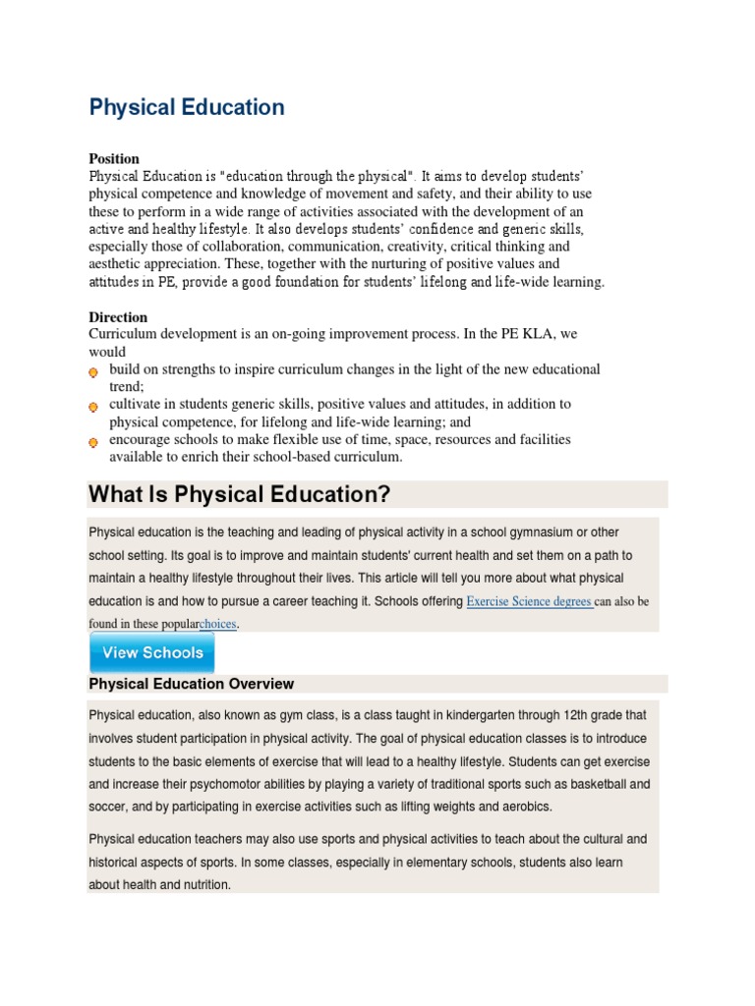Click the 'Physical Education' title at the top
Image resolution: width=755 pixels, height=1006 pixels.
click(x=187, y=107)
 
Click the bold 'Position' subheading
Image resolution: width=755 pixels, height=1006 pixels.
click(x=114, y=158)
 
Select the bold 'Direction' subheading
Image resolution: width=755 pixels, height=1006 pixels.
click(x=118, y=317)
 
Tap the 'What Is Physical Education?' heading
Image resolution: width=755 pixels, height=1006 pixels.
click(x=239, y=494)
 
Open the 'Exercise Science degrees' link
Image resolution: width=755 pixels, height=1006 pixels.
click(x=529, y=601)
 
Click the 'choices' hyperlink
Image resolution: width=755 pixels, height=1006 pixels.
click(x=218, y=624)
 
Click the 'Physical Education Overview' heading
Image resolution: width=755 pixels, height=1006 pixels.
click(x=191, y=684)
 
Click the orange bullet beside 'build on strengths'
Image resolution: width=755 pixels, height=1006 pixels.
click(x=93, y=372)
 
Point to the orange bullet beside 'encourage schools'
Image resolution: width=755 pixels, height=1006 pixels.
click(x=93, y=442)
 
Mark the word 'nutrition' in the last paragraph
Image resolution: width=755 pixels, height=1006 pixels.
click(x=202, y=884)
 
